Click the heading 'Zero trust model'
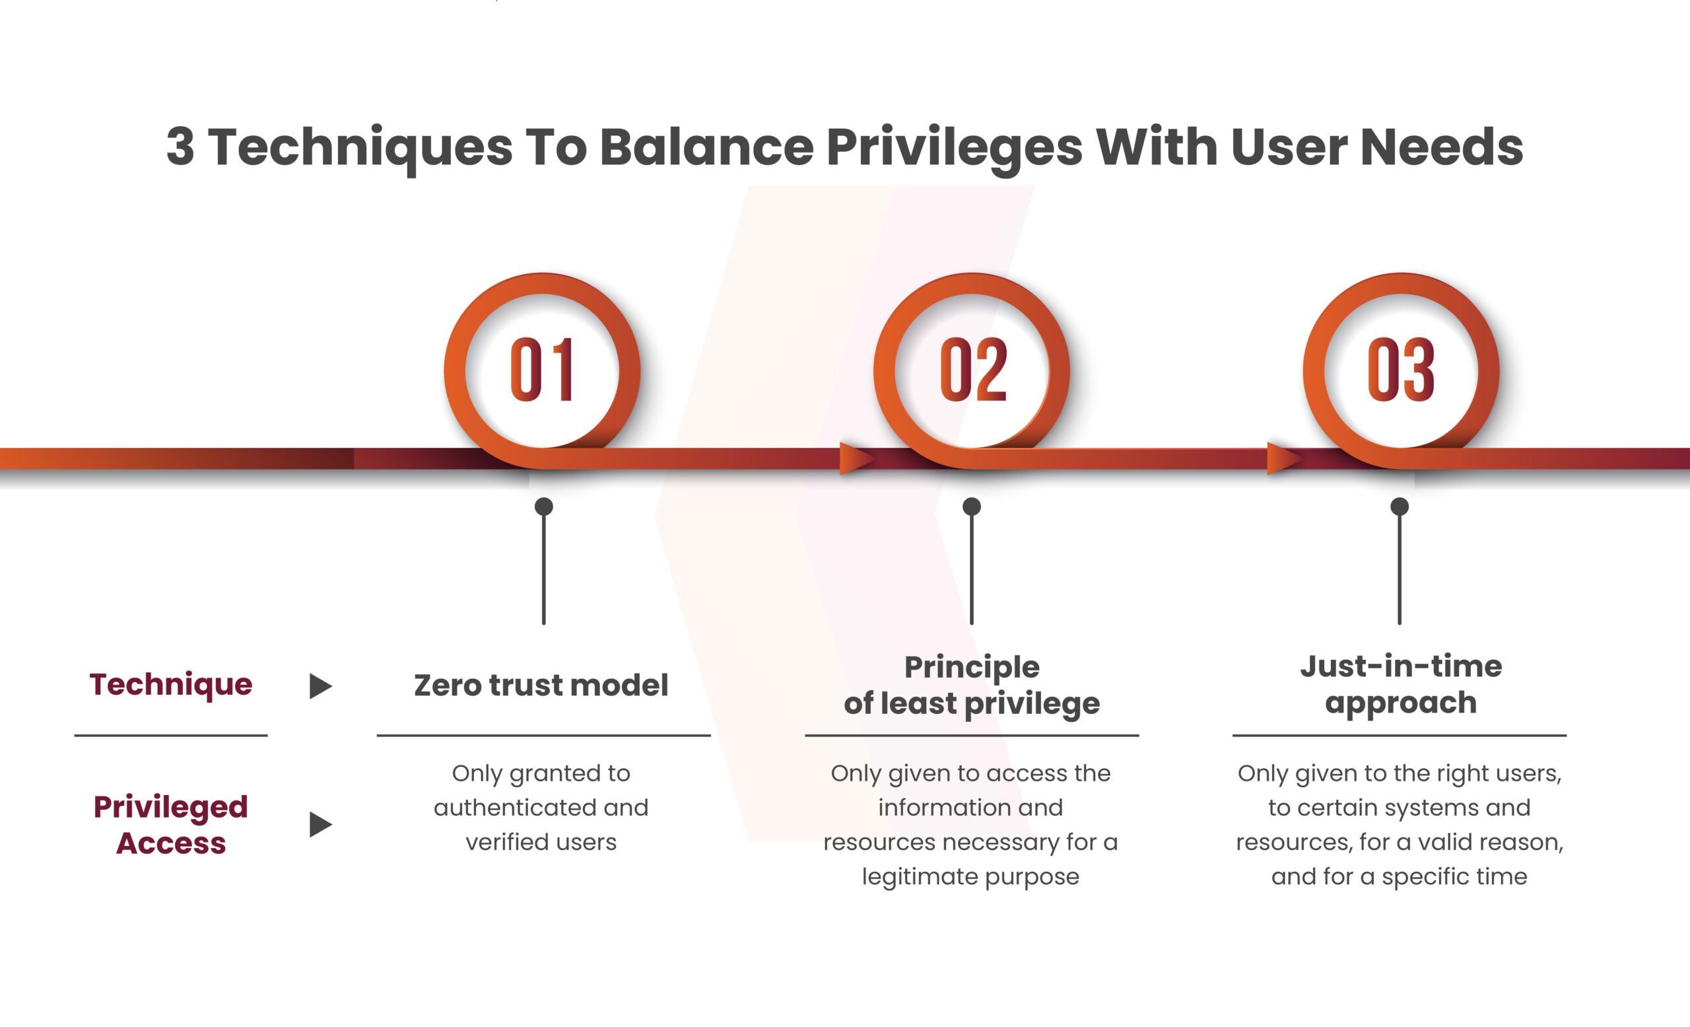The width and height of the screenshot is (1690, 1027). click(x=541, y=685)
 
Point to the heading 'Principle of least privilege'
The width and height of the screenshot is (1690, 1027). click(x=972, y=686)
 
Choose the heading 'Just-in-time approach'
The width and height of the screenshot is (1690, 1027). click(x=1401, y=684)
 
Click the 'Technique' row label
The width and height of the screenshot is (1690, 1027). click(x=171, y=685)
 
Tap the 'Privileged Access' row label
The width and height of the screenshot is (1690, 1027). click(x=171, y=825)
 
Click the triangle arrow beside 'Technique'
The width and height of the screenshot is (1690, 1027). click(x=320, y=686)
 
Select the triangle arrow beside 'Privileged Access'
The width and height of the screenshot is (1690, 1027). click(x=320, y=824)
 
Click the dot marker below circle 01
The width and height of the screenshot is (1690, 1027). click(x=544, y=507)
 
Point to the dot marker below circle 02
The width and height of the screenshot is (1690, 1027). click(x=972, y=507)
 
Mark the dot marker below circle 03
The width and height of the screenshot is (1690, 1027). click(x=1400, y=507)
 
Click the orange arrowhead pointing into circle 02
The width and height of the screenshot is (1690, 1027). click(x=857, y=458)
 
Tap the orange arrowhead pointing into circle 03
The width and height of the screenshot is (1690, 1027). click(x=1285, y=458)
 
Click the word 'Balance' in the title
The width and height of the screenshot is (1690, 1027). click(x=706, y=147)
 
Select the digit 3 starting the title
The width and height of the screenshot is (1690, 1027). click(x=180, y=147)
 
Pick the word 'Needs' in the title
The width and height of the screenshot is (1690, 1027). click(x=1442, y=147)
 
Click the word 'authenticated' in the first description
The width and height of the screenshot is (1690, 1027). click(x=514, y=808)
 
